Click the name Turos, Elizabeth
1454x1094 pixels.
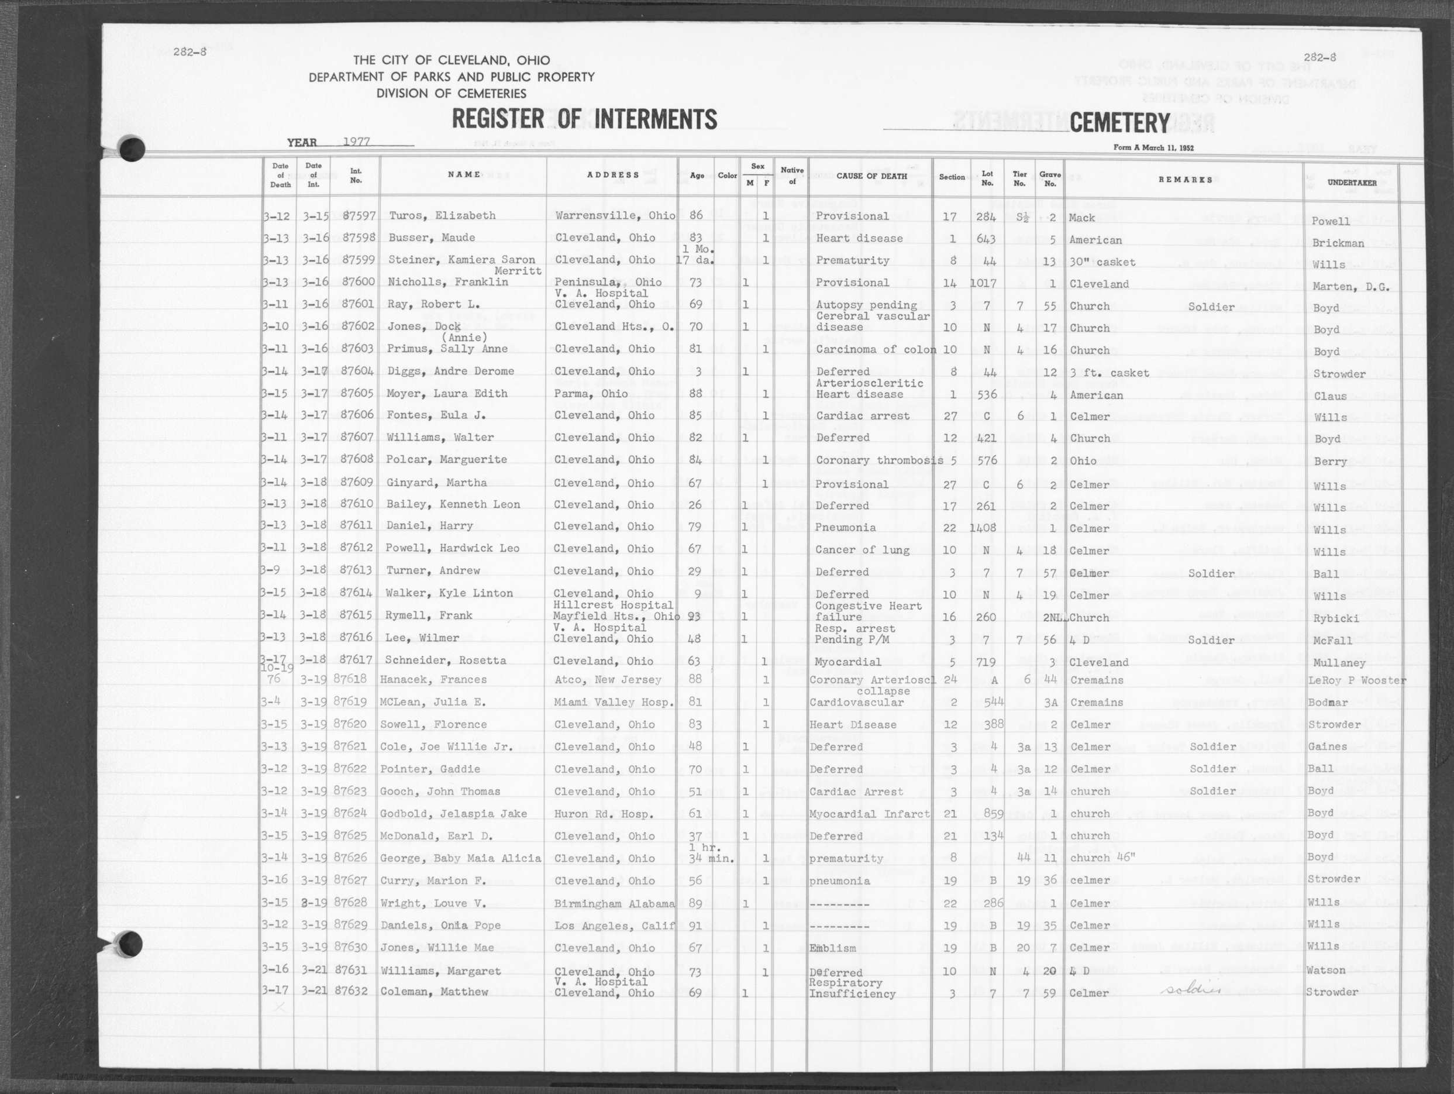point(442,216)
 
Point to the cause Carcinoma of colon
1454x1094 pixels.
point(876,350)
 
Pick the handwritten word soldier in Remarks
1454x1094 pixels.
point(1191,989)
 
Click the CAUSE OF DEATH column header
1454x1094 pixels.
point(871,176)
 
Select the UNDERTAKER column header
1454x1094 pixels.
point(1352,183)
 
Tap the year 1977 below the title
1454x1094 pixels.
point(357,142)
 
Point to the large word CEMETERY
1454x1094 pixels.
point(1119,123)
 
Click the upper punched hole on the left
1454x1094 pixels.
point(132,148)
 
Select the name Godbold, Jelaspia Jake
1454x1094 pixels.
point(453,814)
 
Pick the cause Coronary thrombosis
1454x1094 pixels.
point(880,460)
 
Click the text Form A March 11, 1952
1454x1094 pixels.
point(1153,148)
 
